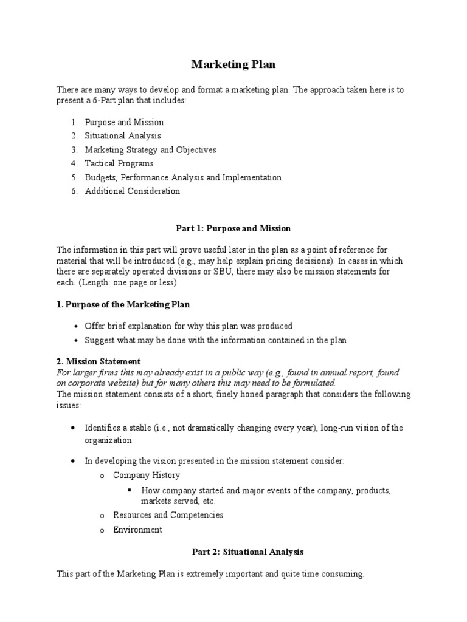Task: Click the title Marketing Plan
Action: coord(233,64)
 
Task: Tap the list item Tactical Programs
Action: coord(119,163)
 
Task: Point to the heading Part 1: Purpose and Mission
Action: coord(233,228)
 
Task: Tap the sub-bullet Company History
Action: coord(147,475)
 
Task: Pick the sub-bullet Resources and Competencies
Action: coord(168,515)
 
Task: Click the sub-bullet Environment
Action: coord(138,530)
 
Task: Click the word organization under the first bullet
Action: coord(109,441)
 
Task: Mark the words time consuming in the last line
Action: coord(333,574)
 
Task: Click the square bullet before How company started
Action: coord(130,490)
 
